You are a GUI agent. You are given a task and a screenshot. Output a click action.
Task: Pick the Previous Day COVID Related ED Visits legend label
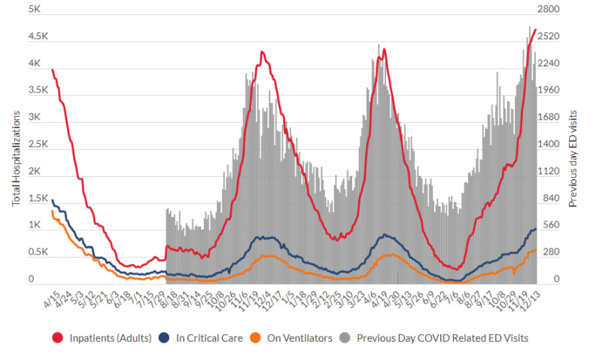(x=442, y=338)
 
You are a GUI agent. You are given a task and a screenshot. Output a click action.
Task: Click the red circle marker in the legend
(x=56, y=338)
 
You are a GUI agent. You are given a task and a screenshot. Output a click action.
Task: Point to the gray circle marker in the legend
(x=346, y=338)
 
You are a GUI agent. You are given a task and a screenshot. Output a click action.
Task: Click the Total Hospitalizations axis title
(x=16, y=157)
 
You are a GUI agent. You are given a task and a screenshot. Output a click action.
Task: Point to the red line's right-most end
(x=535, y=30)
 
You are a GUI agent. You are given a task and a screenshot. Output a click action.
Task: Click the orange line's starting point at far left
(x=51, y=211)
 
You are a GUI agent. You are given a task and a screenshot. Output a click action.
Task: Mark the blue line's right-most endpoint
(x=535, y=228)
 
